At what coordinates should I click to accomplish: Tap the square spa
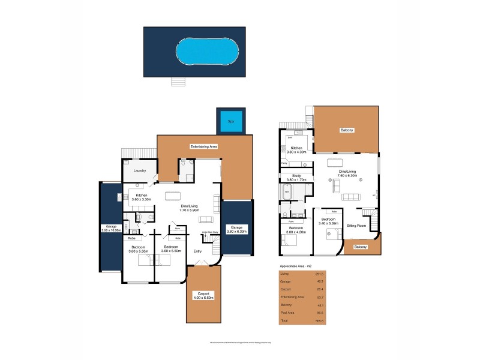[x=231, y=121]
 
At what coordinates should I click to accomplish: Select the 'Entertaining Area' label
[x=203, y=146]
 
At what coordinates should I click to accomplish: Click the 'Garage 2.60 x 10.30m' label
[x=110, y=229]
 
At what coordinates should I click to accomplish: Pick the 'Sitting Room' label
[x=357, y=226]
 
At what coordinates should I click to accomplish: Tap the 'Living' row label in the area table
[x=285, y=273]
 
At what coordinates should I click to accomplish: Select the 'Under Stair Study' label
[x=209, y=231]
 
